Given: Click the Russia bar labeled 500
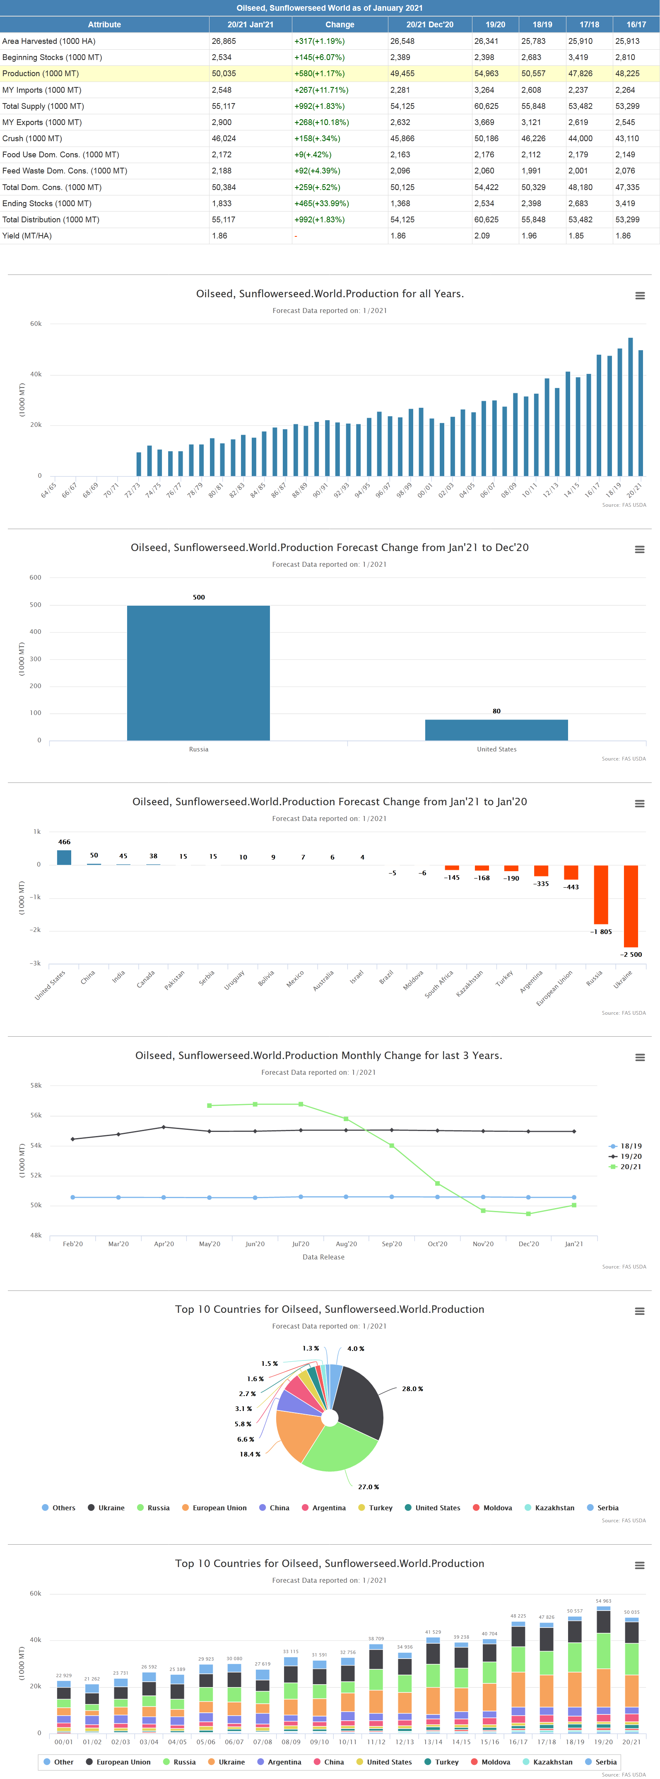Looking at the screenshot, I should [x=198, y=673].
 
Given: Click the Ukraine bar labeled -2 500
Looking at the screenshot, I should [x=630, y=906].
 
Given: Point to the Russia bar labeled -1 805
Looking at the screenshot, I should [x=601, y=894].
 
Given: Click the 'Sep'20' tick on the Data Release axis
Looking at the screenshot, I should [x=391, y=1244].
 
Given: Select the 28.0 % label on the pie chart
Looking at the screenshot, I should [x=412, y=1389].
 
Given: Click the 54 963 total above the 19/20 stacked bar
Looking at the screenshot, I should [x=603, y=1601].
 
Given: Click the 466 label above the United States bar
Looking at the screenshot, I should [x=64, y=842].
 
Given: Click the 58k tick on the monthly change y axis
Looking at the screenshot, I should [x=36, y=1086].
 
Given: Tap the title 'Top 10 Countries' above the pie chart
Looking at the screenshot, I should [x=329, y=1310].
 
